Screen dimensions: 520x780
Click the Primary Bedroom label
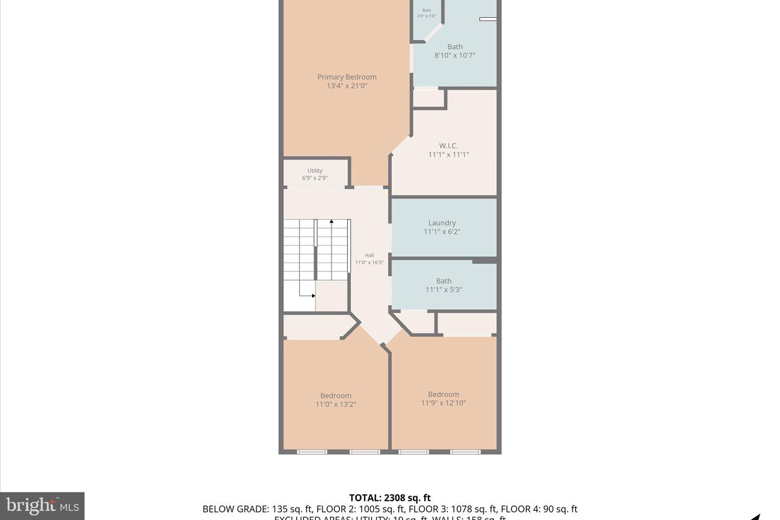pyautogui.click(x=347, y=77)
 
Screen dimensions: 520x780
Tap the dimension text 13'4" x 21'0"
pyautogui.click(x=347, y=86)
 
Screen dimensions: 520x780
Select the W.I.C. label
pyautogui.click(x=448, y=146)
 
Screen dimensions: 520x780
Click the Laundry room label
pyautogui.click(x=442, y=223)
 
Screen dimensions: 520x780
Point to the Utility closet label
pyautogui.click(x=315, y=171)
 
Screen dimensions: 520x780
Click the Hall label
pyautogui.click(x=369, y=255)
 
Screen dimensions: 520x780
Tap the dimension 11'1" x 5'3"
pyautogui.click(x=444, y=289)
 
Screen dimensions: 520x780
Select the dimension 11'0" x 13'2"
pyautogui.click(x=336, y=404)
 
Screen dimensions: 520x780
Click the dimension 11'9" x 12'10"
pyautogui.click(x=443, y=402)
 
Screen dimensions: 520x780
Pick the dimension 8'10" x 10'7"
pyautogui.click(x=454, y=55)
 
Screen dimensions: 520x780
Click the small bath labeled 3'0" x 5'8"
pyautogui.click(x=427, y=13)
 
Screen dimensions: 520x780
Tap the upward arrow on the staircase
pyautogui.click(x=331, y=222)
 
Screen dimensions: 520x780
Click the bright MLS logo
pyautogui.click(x=42, y=506)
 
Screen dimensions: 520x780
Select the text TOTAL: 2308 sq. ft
pyautogui.click(x=390, y=498)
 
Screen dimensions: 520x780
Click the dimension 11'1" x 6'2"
pyautogui.click(x=442, y=231)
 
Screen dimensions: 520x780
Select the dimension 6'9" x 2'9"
pyautogui.click(x=315, y=178)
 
